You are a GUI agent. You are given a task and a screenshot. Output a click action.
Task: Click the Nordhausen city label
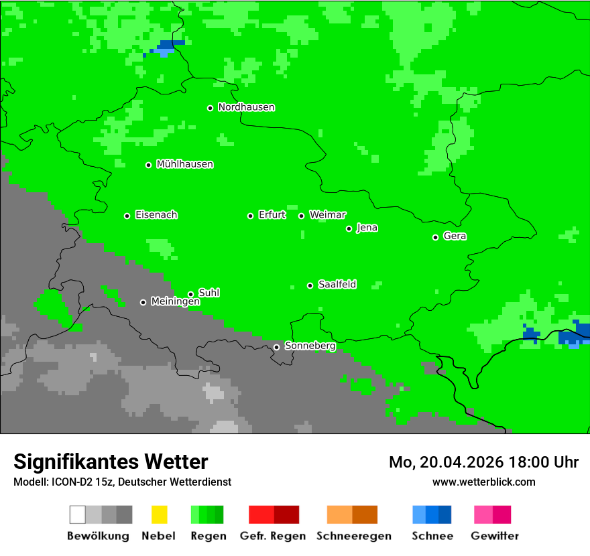click(x=246, y=107)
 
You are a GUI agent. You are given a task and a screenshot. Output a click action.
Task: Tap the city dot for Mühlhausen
click(x=149, y=165)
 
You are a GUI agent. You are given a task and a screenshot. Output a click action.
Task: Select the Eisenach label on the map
click(x=156, y=215)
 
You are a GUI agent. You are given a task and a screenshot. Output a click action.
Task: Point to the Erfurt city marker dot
click(x=251, y=216)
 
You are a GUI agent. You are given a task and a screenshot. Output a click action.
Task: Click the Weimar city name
click(x=327, y=215)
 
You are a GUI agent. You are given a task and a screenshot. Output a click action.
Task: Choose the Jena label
click(x=367, y=228)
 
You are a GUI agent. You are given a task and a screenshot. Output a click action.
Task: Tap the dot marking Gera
click(x=436, y=237)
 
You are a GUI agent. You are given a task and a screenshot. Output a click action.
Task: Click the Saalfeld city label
click(x=337, y=285)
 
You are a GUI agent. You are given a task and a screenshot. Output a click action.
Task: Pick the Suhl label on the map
click(x=209, y=293)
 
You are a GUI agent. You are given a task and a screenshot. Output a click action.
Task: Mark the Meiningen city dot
click(x=143, y=302)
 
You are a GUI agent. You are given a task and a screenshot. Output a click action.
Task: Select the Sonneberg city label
click(x=310, y=346)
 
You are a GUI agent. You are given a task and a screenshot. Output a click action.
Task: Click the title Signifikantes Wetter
click(x=111, y=462)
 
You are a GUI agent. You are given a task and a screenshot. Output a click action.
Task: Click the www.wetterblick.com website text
click(x=483, y=482)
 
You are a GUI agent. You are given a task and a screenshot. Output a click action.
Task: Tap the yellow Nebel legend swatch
click(x=158, y=514)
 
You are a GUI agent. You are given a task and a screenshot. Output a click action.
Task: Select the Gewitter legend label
click(x=495, y=536)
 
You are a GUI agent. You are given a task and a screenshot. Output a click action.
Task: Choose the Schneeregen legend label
click(x=354, y=536)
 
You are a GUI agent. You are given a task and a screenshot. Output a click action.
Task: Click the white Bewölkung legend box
click(x=77, y=514)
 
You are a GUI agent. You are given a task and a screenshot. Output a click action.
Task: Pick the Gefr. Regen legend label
click(x=273, y=536)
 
